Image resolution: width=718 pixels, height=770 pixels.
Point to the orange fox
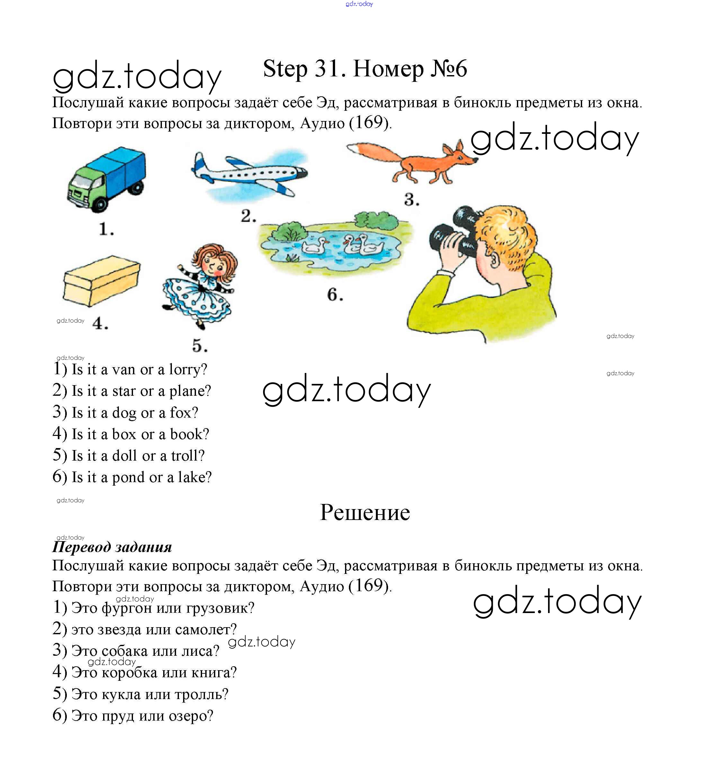(x=419, y=161)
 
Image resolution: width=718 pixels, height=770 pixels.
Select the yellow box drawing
(x=101, y=281)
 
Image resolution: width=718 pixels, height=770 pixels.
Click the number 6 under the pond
(x=334, y=295)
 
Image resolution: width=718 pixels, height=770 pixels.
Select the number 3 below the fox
(x=411, y=200)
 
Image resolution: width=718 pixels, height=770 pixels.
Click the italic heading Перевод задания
(x=112, y=547)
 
